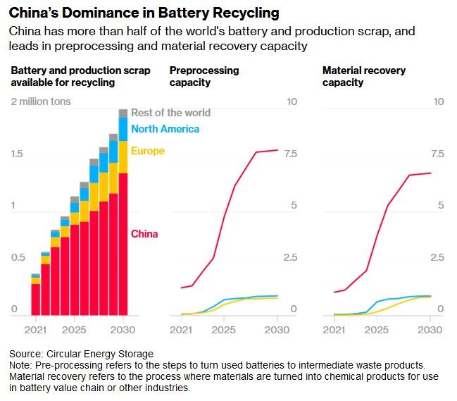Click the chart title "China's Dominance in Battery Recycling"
pos(144,13)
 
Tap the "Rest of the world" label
pos(171,113)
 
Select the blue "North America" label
pos(165,129)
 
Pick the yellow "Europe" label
pos(148,151)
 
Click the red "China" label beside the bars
pos(144,234)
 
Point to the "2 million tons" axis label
pos(41,101)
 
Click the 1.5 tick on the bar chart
pos(17,154)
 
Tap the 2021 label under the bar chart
pos(35,330)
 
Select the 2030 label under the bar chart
pos(123,330)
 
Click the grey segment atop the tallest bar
pos(123,113)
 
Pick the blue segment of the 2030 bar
pos(123,130)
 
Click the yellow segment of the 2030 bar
pos(123,157)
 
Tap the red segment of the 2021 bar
pos(35,300)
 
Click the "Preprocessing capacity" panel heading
pos(204,76)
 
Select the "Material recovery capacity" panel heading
pos(364,76)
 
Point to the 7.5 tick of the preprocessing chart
pos(290,154)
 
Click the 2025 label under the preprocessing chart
pos(224,330)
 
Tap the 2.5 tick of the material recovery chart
pos(437,257)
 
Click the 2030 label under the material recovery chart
pos(430,330)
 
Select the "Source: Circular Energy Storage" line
pos(81,354)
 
